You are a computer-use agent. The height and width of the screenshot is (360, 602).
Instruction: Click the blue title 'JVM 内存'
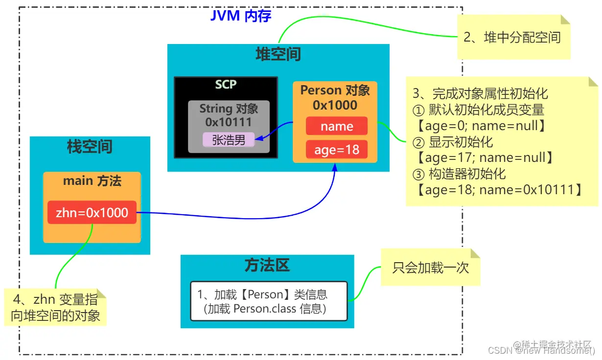click(x=240, y=16)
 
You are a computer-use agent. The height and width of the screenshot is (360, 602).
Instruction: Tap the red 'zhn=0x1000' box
click(x=92, y=212)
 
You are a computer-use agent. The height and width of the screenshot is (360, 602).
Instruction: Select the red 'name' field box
click(x=336, y=126)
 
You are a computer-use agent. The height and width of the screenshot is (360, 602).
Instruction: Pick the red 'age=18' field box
click(x=336, y=149)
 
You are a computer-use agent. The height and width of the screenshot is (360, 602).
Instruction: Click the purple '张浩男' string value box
click(x=229, y=140)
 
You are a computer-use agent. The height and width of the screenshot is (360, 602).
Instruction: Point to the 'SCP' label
click(x=226, y=84)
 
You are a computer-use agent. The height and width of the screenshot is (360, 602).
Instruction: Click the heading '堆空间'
click(x=278, y=54)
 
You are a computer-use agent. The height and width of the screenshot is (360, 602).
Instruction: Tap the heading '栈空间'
click(x=90, y=146)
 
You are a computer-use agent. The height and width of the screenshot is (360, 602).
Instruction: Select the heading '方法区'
click(x=267, y=265)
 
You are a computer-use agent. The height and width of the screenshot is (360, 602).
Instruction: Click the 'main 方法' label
click(x=92, y=180)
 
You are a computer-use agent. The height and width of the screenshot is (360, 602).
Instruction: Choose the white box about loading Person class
click(x=269, y=301)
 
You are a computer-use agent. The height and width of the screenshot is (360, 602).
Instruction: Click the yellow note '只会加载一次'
click(x=431, y=267)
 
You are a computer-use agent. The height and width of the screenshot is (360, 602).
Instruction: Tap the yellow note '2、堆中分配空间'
click(x=514, y=37)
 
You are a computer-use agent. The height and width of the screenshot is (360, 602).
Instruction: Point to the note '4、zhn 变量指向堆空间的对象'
click(x=55, y=307)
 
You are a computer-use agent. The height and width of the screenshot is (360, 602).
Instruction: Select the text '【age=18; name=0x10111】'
click(x=499, y=190)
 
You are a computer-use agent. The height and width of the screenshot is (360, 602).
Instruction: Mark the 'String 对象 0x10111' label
click(x=229, y=115)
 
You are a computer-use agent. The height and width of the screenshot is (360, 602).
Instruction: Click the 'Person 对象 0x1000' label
click(x=335, y=97)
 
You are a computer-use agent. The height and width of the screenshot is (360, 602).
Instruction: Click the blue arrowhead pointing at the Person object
click(x=335, y=167)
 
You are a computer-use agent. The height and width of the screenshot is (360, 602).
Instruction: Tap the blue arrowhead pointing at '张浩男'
click(x=258, y=138)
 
